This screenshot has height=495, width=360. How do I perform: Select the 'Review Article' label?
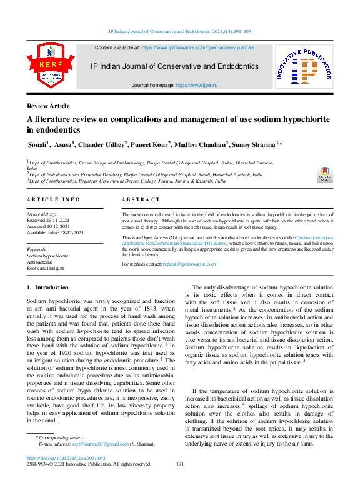[x=48, y=106]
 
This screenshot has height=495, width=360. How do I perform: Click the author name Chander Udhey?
[x=104, y=145]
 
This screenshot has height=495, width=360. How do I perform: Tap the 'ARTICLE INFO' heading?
[x=53, y=199]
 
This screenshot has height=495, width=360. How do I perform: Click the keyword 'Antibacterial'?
[x=40, y=262]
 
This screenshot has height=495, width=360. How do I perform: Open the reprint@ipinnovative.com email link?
[x=189, y=264]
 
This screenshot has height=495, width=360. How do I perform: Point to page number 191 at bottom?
[x=180, y=464]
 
